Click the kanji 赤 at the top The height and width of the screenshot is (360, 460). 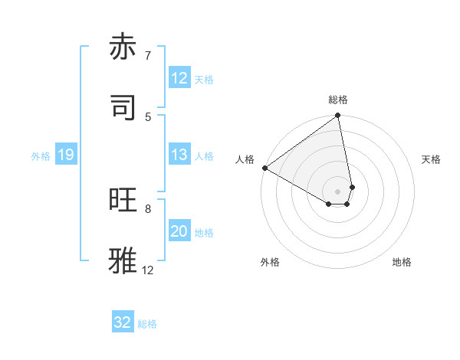(x=125, y=47)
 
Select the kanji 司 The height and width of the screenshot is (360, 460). (x=125, y=107)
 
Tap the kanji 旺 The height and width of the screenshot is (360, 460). (x=125, y=201)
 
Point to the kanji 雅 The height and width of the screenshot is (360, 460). (x=125, y=260)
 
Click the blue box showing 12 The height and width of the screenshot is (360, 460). (x=179, y=78)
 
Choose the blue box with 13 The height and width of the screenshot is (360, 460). (x=179, y=155)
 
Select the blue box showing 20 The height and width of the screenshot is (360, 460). (x=179, y=231)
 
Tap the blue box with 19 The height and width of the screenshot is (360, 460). (x=65, y=155)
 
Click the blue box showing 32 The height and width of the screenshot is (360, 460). (x=123, y=322)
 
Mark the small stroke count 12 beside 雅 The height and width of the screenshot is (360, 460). (x=148, y=270)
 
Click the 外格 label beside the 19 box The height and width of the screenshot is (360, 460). (x=41, y=155)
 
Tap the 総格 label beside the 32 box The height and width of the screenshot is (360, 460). (x=147, y=323)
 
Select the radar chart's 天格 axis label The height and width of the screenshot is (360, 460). (x=431, y=159)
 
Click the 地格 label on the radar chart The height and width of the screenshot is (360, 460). (x=402, y=262)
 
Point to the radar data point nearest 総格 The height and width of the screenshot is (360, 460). (x=338, y=116)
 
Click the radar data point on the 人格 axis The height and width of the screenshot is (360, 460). (x=264, y=168)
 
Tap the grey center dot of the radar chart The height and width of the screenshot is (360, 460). (x=338, y=190)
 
